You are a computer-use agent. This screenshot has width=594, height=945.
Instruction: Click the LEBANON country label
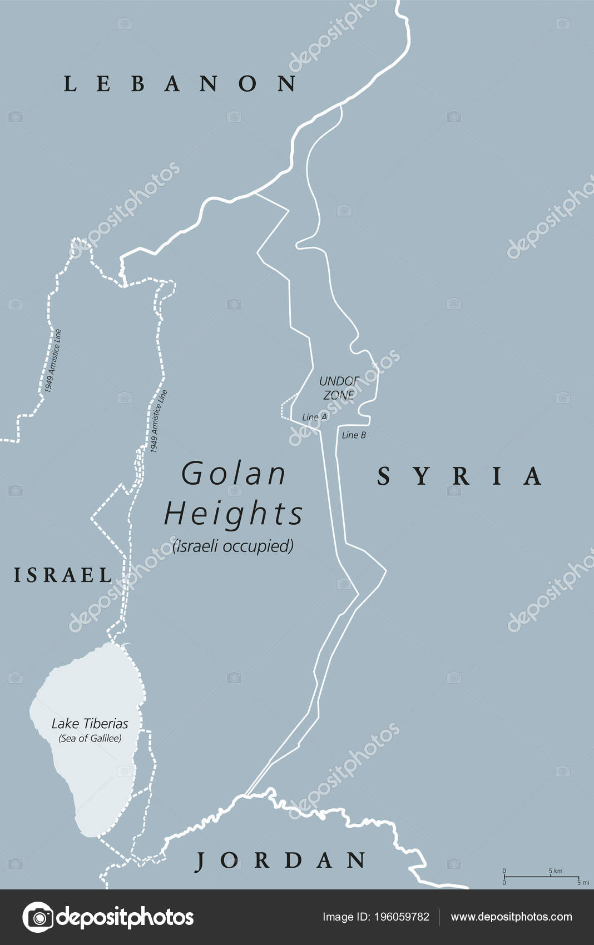(x=180, y=83)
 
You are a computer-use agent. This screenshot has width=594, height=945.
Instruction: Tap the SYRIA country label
(x=459, y=476)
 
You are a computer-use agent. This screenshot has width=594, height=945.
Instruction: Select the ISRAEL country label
(x=63, y=575)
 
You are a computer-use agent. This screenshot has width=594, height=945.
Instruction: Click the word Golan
(x=234, y=474)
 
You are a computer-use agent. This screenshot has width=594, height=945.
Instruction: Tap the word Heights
(x=234, y=513)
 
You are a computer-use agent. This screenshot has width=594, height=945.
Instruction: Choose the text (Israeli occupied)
(x=233, y=546)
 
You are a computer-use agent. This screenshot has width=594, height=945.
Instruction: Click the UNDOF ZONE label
(x=339, y=387)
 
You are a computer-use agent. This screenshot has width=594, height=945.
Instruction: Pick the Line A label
(x=314, y=417)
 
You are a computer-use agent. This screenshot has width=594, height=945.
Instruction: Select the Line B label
(x=354, y=435)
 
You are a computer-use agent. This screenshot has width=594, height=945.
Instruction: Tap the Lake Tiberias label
(x=90, y=724)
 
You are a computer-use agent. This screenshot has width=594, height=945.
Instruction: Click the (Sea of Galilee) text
(x=90, y=738)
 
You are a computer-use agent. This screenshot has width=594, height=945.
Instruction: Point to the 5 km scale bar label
(x=556, y=871)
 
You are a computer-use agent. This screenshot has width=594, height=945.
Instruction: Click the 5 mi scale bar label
(x=583, y=882)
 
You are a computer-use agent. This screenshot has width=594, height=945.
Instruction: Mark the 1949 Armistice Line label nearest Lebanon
(x=53, y=361)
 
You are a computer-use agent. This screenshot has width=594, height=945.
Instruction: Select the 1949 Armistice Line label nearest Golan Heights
(x=159, y=421)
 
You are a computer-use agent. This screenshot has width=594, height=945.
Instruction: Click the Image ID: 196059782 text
(x=376, y=917)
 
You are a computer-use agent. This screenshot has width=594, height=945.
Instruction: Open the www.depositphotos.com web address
(x=511, y=917)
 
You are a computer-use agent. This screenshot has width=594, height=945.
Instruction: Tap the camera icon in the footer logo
(x=38, y=917)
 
